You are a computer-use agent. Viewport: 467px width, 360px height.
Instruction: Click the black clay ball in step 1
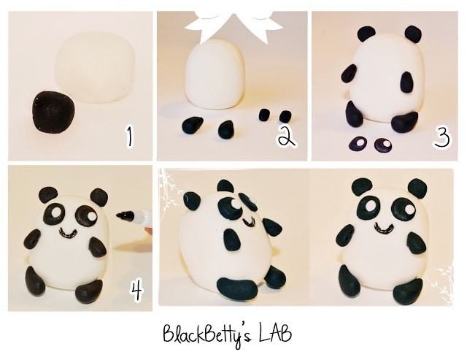(53, 112)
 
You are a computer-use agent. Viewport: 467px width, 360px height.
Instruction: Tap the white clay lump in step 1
(95, 67)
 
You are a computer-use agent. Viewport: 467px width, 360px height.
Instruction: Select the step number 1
(129, 137)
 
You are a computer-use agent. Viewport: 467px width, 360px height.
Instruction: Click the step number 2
(287, 137)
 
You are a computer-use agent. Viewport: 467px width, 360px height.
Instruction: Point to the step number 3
(441, 137)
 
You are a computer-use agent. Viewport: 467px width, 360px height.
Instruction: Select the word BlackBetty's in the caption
(207, 334)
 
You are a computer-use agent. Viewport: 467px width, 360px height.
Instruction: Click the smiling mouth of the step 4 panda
(68, 232)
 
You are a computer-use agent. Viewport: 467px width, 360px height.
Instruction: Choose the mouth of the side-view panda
(250, 222)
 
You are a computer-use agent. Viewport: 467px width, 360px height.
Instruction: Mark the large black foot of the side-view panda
(237, 288)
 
